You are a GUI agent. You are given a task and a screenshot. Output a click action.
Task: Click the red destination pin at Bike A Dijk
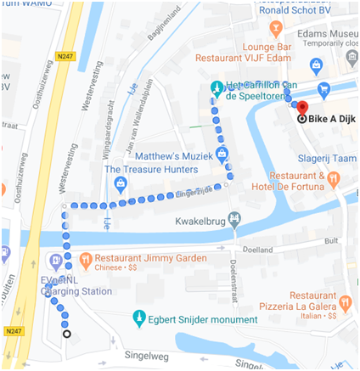coord(301,108)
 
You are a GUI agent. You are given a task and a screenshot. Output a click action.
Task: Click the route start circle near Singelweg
coord(66,334)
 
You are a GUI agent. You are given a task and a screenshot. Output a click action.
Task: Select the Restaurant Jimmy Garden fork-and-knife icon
coord(85,259)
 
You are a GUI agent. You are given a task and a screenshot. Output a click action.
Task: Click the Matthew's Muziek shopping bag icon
coord(222,154)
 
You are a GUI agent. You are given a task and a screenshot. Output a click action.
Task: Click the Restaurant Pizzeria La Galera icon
coord(344,303)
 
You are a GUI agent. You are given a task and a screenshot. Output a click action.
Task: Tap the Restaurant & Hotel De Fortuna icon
coord(334,179)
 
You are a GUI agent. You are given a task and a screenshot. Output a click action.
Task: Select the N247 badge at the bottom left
coord(13,331)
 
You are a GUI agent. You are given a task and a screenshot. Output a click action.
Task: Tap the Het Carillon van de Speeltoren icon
coord(217,88)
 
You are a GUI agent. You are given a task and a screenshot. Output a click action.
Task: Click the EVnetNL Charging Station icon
coord(55,260)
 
